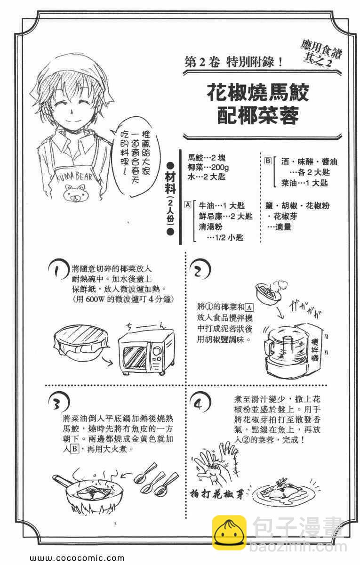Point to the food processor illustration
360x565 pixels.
(x=293, y=350)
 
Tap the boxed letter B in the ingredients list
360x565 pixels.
(x=268, y=161)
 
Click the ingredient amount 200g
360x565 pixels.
(x=220, y=167)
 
